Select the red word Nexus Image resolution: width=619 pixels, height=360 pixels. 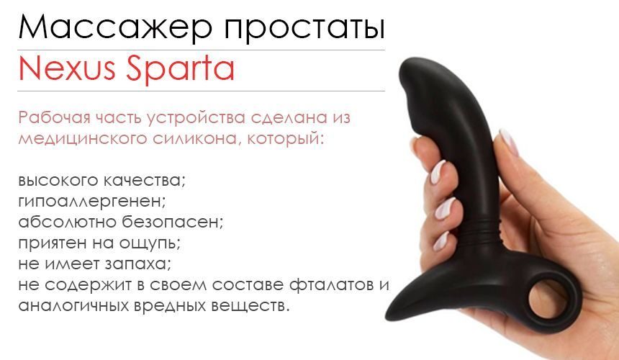coord(64,70)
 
